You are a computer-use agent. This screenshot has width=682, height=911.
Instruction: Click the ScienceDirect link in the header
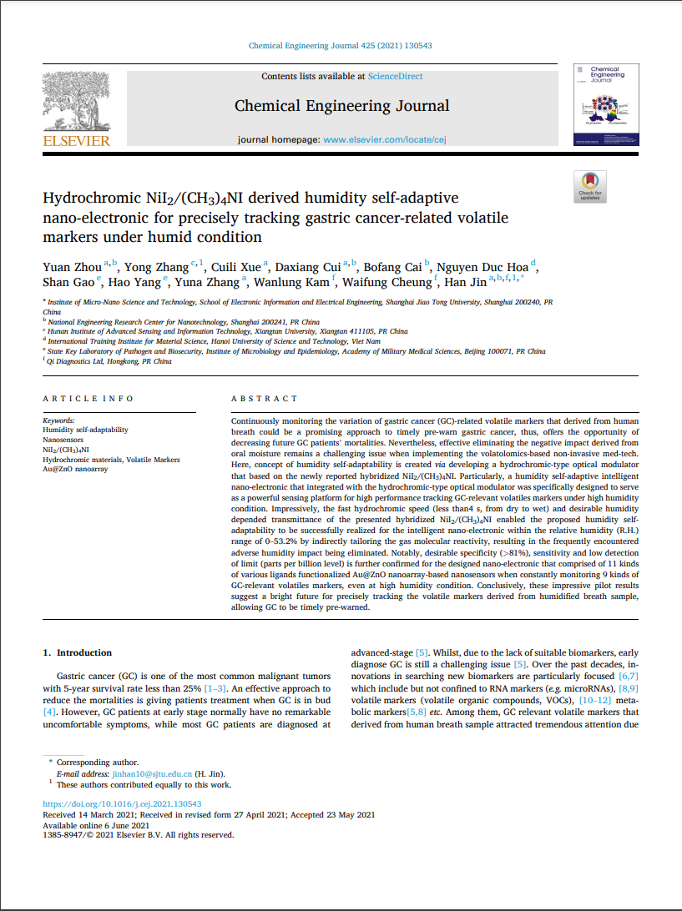point(395,77)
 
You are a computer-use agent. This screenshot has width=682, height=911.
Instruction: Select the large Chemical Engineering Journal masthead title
point(341,106)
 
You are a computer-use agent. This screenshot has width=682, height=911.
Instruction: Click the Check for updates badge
point(590,186)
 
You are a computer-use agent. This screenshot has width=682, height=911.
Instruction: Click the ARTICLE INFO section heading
point(88,399)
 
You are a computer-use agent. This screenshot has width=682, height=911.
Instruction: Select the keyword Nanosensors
point(64,440)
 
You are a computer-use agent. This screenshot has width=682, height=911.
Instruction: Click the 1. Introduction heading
point(77,652)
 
